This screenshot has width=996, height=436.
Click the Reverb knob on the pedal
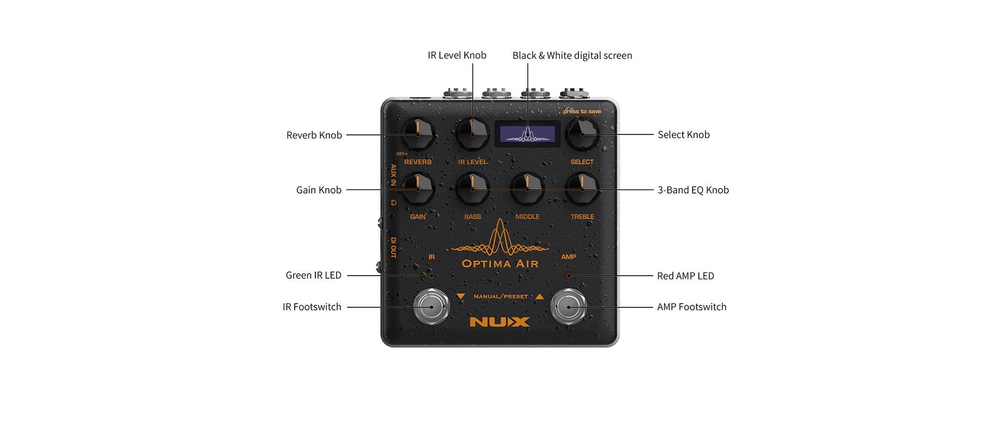[418, 134]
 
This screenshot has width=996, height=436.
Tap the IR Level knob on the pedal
[473, 134]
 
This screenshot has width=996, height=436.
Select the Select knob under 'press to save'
[582, 134]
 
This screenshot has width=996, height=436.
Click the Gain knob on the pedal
[418, 189]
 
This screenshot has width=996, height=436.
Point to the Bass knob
[473, 189]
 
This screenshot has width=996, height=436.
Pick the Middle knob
[528, 189]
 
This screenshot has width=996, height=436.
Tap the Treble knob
[582, 189]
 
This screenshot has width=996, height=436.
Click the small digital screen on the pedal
[527, 134]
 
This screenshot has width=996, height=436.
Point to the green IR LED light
[431, 275]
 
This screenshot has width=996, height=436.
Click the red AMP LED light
[569, 276]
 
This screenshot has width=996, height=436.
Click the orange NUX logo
[500, 322]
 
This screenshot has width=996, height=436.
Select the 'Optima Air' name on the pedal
[500, 263]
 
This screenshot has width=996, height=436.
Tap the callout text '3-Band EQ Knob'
[693, 190]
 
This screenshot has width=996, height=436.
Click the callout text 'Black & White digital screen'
[572, 56]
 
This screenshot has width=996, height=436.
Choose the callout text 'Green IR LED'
[313, 275]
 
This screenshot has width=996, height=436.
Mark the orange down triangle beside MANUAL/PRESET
[461, 296]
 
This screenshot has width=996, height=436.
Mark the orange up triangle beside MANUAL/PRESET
[539, 296]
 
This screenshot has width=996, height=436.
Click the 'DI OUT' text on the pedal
[393, 248]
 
